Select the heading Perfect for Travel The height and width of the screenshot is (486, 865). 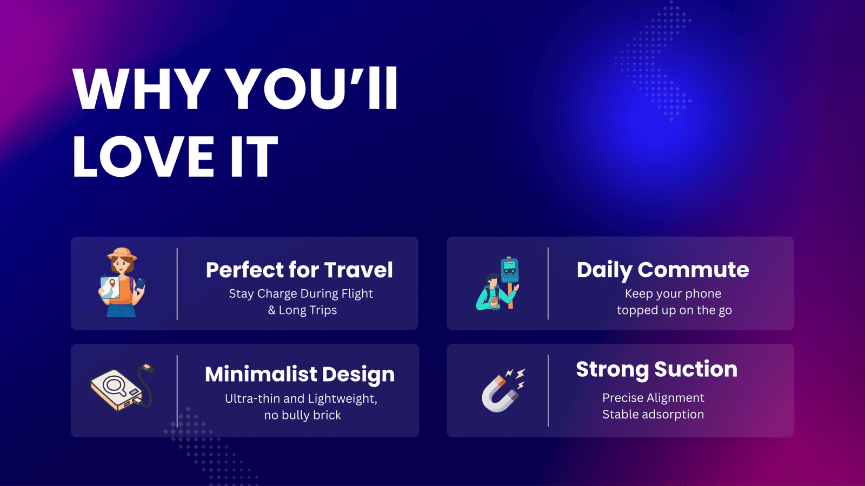click(300, 270)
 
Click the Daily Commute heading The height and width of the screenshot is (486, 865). click(663, 270)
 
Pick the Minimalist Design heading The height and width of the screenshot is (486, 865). click(300, 375)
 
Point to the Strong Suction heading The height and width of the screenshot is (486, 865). click(656, 369)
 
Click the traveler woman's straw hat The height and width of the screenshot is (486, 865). click(122, 254)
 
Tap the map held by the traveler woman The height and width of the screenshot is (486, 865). click(110, 287)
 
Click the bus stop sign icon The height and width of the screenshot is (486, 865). click(510, 270)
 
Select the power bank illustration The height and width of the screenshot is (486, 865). click(122, 387)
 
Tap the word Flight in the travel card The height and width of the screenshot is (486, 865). click(357, 294)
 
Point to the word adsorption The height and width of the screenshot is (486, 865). click(673, 415)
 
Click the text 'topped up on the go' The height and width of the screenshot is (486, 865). click(674, 310)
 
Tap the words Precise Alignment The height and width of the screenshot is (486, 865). click(654, 398)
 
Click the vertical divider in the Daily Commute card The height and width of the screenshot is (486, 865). click(548, 283)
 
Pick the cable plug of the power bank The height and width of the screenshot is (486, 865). click(148, 367)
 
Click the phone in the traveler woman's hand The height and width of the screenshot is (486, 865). click(140, 284)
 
